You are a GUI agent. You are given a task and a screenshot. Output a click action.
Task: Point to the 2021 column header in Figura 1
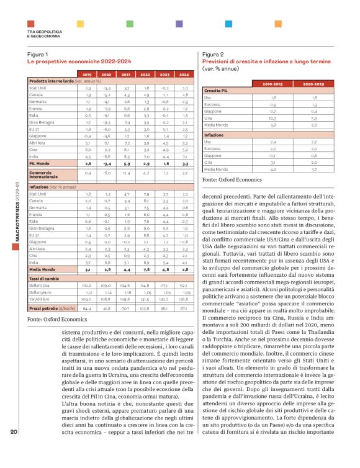[x=126, y=74]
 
